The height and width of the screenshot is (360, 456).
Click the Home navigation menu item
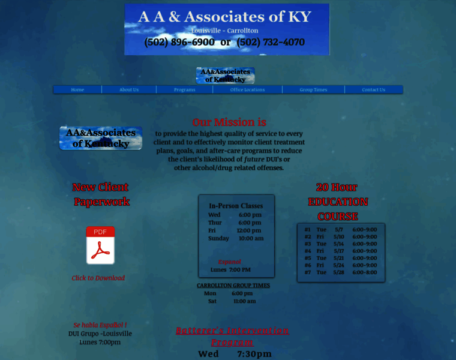click(x=77, y=89)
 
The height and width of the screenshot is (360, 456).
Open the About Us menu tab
click(x=129, y=89)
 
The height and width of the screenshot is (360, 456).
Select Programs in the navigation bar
click(x=184, y=89)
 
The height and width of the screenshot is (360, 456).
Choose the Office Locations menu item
click(x=247, y=89)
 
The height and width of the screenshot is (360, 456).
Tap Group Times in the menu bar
click(x=313, y=89)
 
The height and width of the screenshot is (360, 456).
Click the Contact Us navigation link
click(x=373, y=89)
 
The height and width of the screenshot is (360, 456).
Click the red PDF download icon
click(x=100, y=245)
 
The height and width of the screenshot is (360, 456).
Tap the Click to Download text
click(x=98, y=278)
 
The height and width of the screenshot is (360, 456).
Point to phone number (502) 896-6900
click(x=179, y=42)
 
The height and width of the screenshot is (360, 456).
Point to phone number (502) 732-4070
click(x=271, y=42)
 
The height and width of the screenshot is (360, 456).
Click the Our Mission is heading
click(x=229, y=122)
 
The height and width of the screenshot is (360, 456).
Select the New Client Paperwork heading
click(x=101, y=194)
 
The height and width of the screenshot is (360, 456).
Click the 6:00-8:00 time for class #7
click(x=365, y=272)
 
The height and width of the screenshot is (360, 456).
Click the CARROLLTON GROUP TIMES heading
click(x=233, y=286)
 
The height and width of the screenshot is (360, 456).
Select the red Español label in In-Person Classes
click(x=229, y=262)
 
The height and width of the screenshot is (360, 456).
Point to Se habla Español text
click(x=100, y=325)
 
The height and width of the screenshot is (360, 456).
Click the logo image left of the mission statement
click(x=101, y=138)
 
